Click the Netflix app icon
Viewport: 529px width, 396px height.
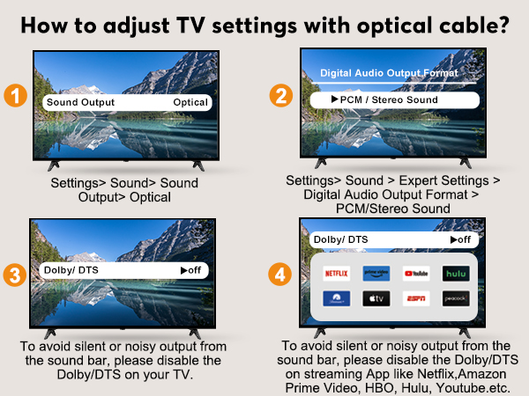pos(336,273)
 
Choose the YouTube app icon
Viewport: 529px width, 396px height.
pos(415,273)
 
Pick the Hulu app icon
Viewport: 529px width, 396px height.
pos(455,273)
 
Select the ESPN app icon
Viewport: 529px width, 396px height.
pos(415,298)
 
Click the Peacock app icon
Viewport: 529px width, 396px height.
pos(455,298)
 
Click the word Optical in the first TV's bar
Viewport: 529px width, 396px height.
pos(190,102)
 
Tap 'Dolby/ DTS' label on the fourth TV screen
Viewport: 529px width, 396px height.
pos(340,239)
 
